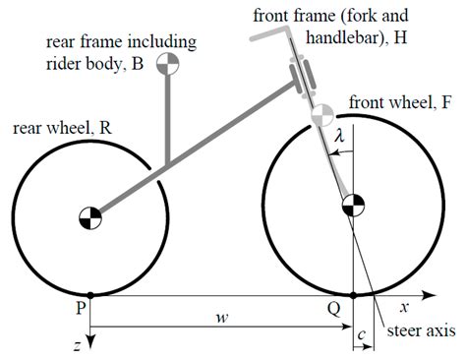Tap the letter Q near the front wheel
[334, 308]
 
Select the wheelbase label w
[220, 320]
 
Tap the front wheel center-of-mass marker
[351, 207]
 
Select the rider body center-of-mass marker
[169, 64]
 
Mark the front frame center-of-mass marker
[318, 117]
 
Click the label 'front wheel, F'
[400, 102]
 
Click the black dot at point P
[90, 294]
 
